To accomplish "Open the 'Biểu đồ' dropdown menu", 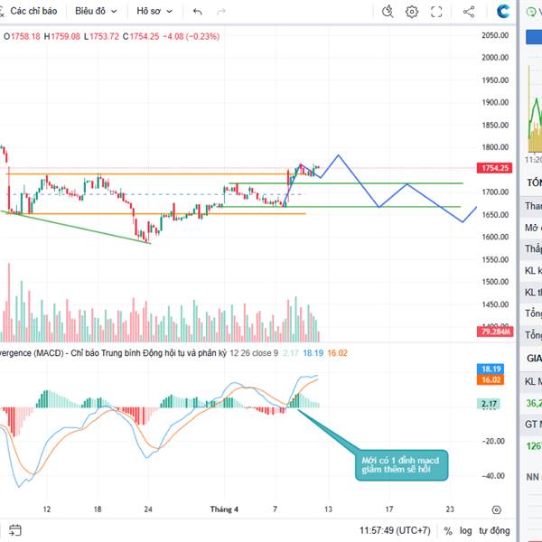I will (97, 12).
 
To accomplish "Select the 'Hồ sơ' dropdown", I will (155, 12).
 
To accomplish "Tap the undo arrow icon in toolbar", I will (198, 12).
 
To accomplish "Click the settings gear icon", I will (412, 12).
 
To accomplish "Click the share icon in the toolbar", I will (469, 12).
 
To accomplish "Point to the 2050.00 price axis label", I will (495, 35).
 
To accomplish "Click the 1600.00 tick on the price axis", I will (495, 238).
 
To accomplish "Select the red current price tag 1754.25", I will (496, 168).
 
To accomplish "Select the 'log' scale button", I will (465, 530).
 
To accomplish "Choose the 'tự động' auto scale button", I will (495, 530).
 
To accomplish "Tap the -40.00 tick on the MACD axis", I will (495, 475).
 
